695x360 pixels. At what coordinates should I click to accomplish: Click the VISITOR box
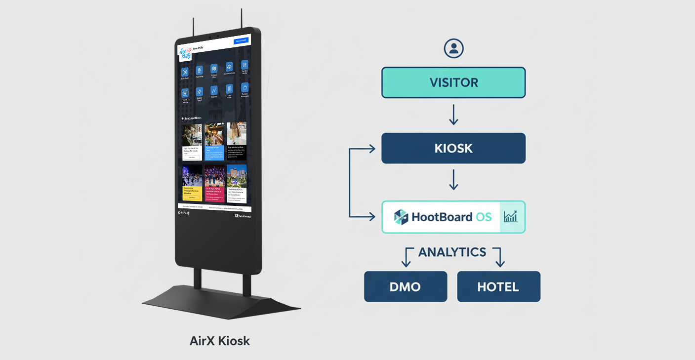453,82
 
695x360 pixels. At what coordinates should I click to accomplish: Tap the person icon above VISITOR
453,48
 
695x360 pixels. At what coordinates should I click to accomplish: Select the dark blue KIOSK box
453,148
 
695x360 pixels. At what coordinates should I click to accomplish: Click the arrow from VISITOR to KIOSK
453,115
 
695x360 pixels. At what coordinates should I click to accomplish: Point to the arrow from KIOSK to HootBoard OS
453,181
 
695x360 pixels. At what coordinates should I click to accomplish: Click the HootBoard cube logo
401,217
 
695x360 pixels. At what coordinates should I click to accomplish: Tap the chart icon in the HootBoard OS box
511,217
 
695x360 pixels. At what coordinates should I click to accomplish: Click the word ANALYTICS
452,252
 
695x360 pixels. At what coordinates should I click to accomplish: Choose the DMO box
406,286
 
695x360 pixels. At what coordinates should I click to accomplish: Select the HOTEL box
498,286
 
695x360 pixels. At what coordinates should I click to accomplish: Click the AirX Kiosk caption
220,341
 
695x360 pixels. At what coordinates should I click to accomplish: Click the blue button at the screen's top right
241,41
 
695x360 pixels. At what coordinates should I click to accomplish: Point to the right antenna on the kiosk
242,18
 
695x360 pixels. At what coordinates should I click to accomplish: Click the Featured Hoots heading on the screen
192,119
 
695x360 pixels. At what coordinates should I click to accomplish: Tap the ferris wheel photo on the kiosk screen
192,176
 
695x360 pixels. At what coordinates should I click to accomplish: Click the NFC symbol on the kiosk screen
184,213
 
